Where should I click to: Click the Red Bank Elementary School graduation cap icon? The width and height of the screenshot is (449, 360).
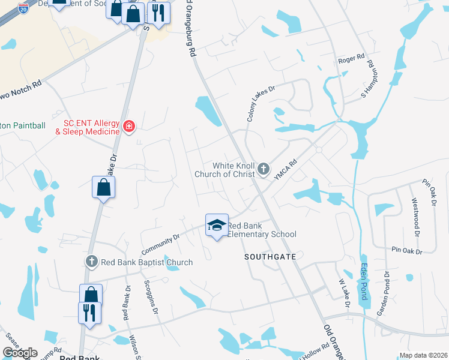click(217, 224)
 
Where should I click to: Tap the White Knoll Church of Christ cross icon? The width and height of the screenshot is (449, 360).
click(264, 170)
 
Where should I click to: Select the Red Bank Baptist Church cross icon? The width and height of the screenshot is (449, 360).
click(91, 262)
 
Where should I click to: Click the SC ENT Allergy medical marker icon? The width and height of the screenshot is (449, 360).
click(128, 126)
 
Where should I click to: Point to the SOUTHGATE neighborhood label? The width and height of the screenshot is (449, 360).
click(269, 256)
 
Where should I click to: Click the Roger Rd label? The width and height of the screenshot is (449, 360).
click(351, 59)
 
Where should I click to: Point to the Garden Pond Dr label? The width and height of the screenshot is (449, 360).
click(383, 295)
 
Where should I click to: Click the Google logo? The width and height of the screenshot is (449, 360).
click(20, 353)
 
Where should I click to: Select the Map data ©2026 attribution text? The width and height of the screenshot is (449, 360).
click(423, 355)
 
